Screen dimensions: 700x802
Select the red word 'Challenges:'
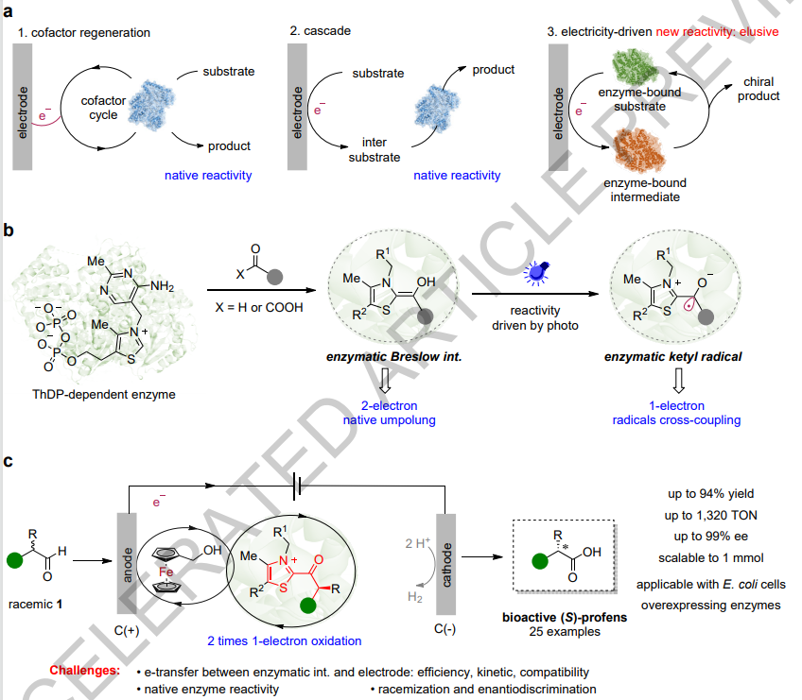84,671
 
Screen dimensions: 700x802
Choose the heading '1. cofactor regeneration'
83,33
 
